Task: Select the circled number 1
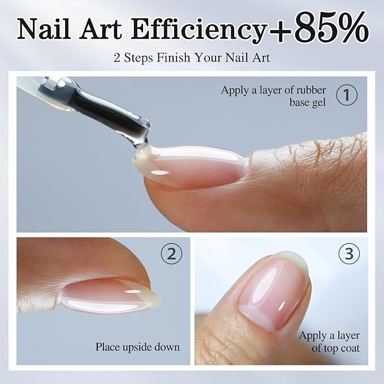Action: [347, 96]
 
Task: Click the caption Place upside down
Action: [137, 347]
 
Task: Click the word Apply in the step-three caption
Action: [312, 336]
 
